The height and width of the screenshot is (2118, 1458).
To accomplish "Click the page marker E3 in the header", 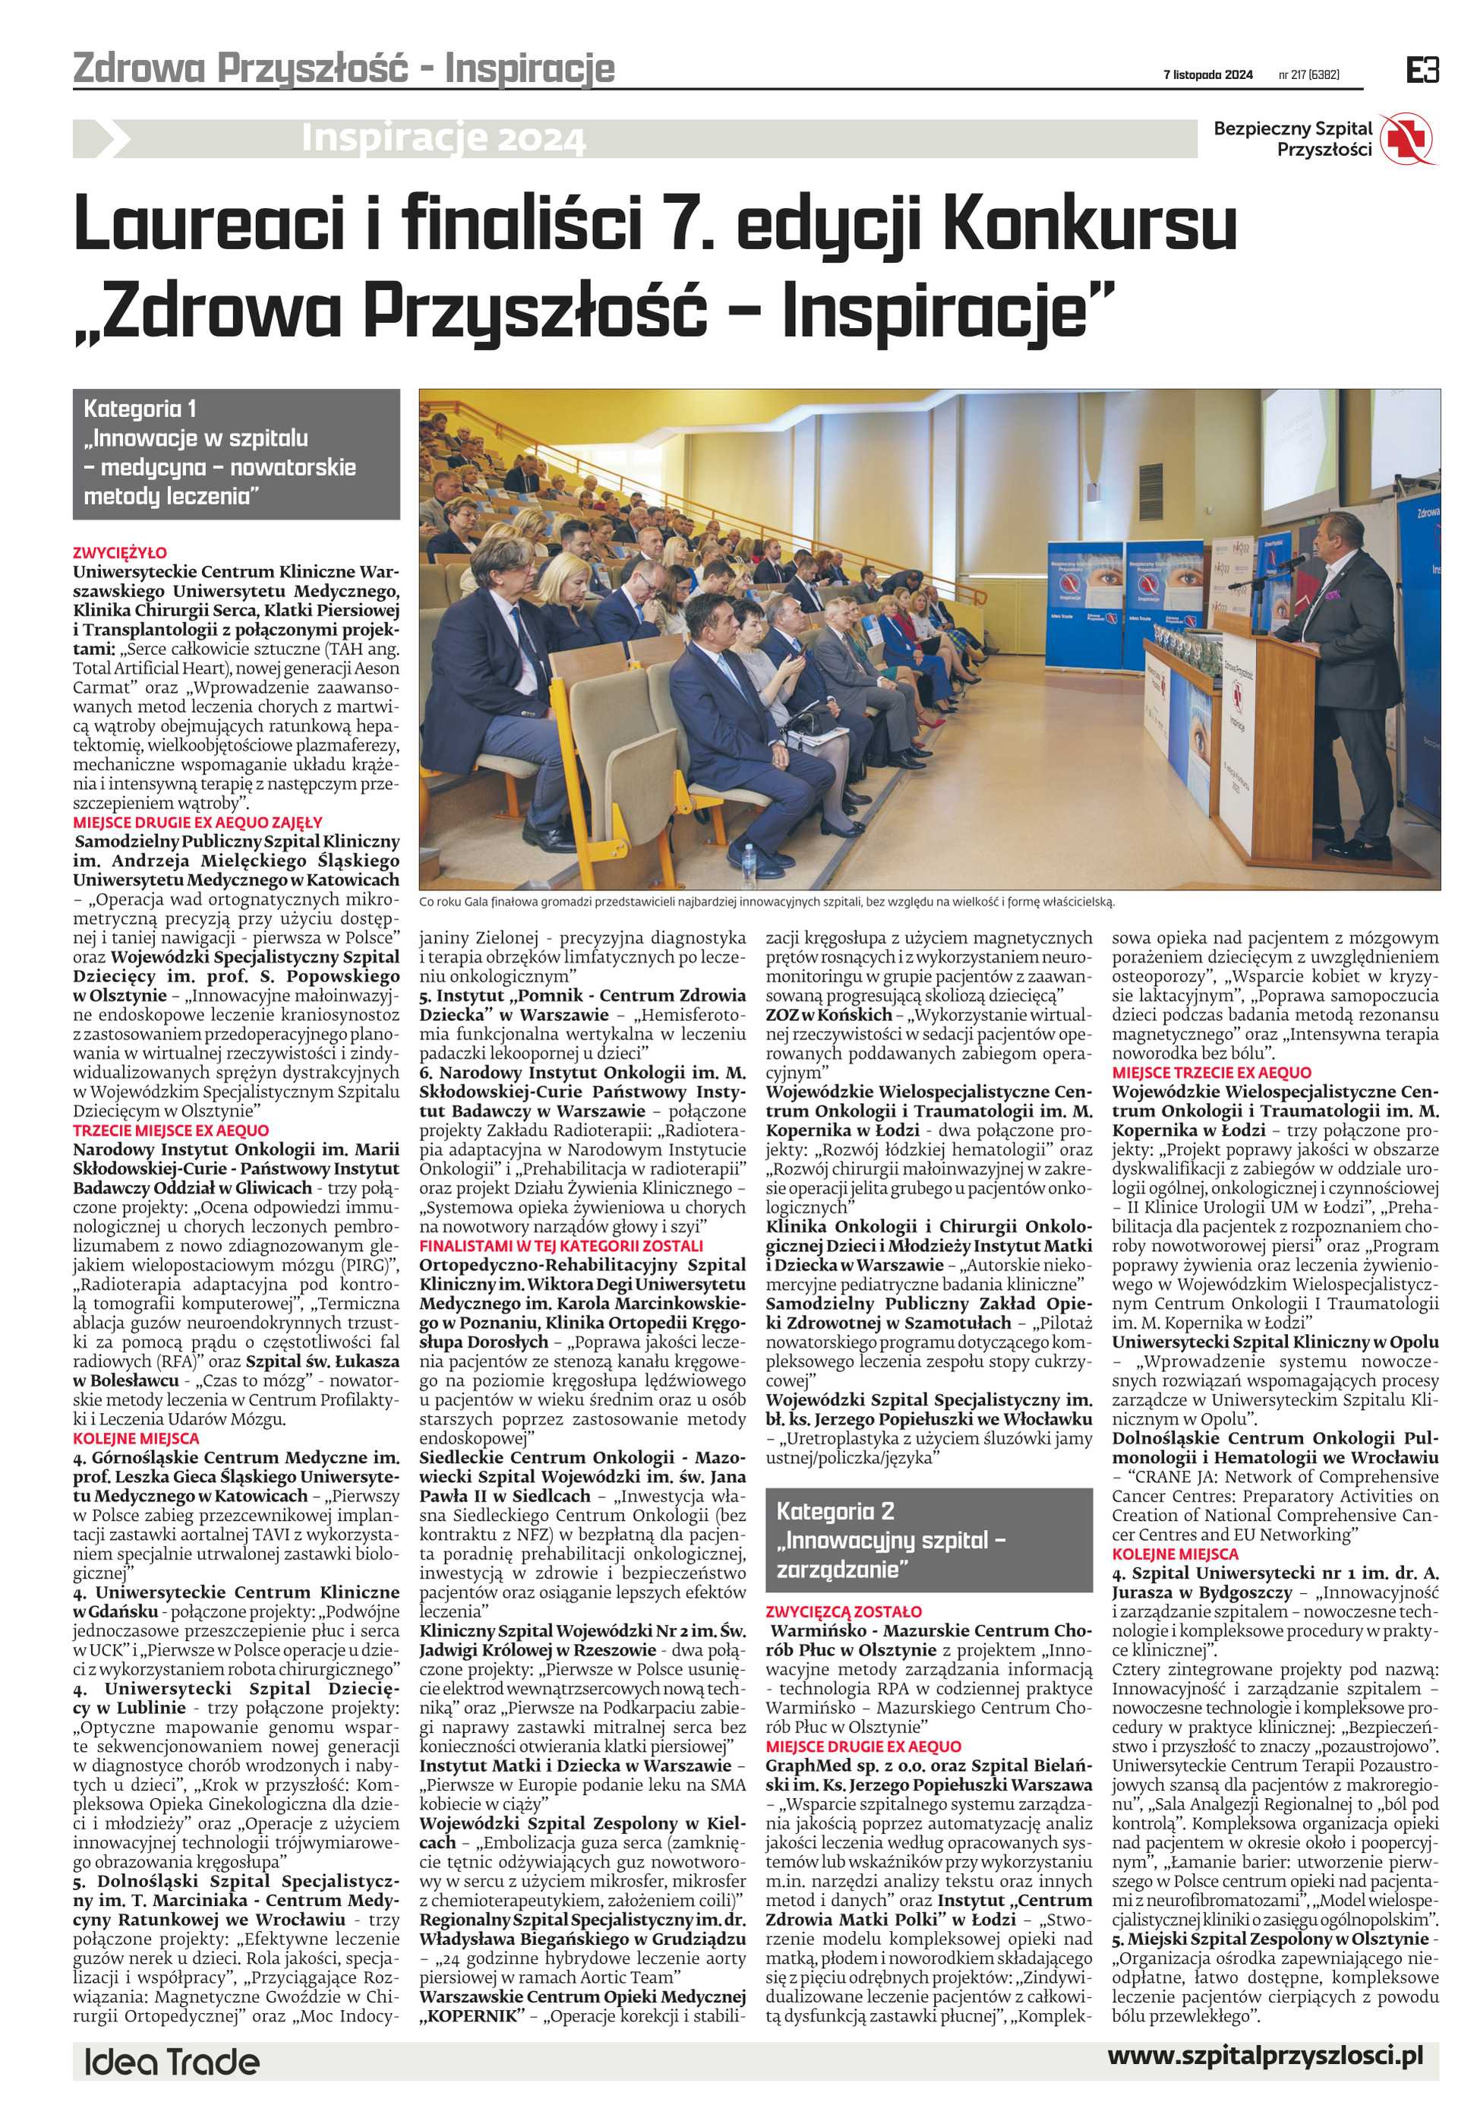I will click(1422, 71).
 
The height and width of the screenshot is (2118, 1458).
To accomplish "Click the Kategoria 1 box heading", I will click(140, 409).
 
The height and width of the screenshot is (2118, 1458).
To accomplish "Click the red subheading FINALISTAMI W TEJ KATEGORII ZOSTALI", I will click(561, 1245).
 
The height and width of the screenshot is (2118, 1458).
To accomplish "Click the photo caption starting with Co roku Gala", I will click(768, 902).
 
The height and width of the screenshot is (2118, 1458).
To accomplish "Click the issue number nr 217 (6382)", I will click(1308, 75).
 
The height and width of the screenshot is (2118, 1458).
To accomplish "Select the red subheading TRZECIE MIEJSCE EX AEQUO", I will click(172, 1130).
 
